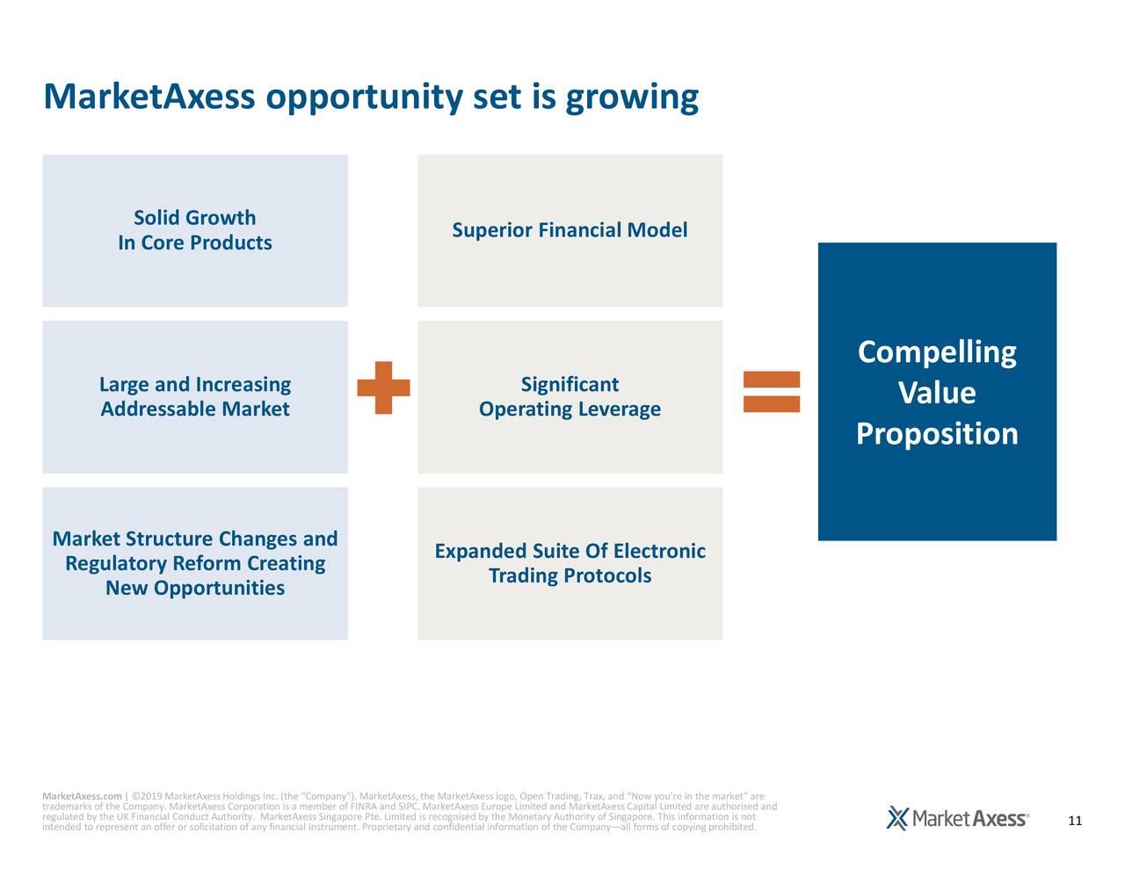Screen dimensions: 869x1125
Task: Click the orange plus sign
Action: coord(383,387)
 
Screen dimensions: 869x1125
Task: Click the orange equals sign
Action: coord(771,392)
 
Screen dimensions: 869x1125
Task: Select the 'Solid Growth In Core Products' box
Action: coord(194,230)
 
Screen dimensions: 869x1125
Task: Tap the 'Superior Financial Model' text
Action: coord(570,230)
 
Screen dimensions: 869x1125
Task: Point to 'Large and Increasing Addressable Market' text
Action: coord(194,396)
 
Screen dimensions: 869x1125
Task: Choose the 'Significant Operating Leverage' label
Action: coord(570,396)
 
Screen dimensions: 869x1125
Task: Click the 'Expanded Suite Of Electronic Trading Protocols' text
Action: coord(570,563)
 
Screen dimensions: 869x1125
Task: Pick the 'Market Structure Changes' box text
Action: coord(194,539)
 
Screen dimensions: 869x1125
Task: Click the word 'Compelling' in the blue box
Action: coord(937,352)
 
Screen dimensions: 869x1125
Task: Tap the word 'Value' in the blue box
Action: coord(937,393)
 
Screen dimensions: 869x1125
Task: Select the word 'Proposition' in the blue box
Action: coord(937,434)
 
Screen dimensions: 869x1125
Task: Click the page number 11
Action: coord(1074,822)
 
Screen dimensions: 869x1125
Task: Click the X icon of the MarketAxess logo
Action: coord(897,818)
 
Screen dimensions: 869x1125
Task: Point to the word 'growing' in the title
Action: coord(631,98)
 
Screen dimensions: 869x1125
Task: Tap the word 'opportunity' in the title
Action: coord(363,98)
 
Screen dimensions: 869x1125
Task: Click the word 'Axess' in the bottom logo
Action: coord(999,819)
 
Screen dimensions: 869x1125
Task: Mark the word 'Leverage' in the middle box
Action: coord(620,409)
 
